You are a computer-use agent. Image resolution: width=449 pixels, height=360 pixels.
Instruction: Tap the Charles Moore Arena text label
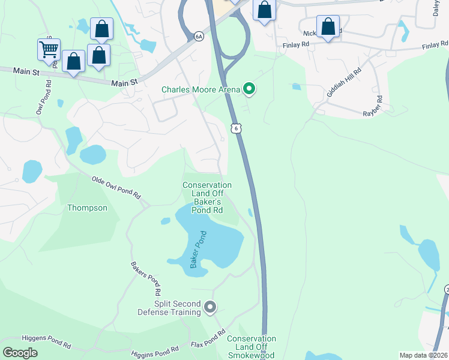tap(200, 90)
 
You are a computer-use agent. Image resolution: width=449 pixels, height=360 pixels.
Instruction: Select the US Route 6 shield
tap(236, 128)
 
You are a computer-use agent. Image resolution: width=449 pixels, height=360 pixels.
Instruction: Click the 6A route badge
tap(199, 37)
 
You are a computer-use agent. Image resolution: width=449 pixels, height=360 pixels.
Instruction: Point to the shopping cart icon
tap(49, 49)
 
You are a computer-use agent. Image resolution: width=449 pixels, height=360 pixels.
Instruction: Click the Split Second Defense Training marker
tap(209, 307)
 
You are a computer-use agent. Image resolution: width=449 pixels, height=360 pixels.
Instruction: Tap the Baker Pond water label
tap(198, 250)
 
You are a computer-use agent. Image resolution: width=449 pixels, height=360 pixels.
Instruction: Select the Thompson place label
tap(87, 208)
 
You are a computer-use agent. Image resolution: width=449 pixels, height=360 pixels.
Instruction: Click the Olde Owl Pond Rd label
tap(116, 187)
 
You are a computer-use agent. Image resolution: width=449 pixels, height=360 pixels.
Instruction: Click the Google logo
tap(20, 353)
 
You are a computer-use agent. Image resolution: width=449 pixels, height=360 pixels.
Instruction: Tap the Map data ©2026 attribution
tap(423, 355)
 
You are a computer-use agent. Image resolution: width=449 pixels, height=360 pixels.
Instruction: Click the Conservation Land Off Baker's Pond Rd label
tap(207, 198)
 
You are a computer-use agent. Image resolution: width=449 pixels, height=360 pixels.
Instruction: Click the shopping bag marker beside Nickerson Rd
tap(328, 27)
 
